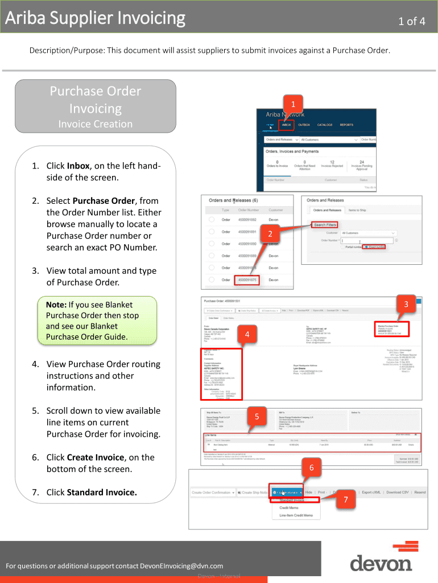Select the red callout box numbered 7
(345, 500)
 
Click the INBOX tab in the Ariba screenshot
(287, 125)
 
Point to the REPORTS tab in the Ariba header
(346, 125)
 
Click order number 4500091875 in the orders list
(247, 280)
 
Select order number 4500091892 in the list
(247, 220)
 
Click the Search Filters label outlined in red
(325, 225)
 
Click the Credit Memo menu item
(290, 507)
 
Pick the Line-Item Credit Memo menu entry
(296, 515)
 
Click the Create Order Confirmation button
(211, 492)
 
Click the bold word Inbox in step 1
(78, 166)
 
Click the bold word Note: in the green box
(56, 304)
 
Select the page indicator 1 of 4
(412, 22)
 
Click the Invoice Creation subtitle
(96, 124)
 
